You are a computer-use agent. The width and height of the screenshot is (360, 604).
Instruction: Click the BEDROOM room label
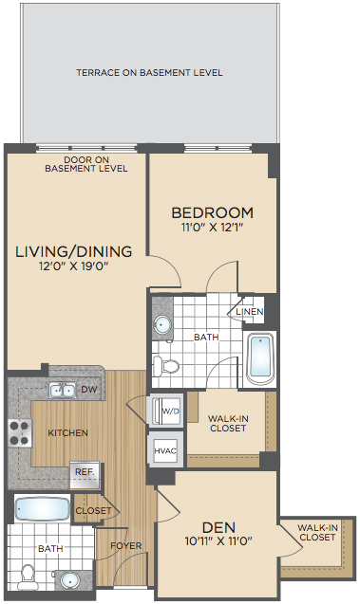(x=212, y=212)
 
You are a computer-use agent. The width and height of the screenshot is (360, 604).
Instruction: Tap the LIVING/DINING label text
(x=74, y=251)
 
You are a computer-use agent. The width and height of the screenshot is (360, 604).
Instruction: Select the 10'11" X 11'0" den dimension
(x=218, y=541)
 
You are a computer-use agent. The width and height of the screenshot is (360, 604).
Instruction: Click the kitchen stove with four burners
(x=20, y=433)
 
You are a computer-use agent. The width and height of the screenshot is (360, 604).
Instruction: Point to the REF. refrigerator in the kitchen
(x=85, y=474)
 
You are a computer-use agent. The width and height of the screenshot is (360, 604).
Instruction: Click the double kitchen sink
(x=62, y=391)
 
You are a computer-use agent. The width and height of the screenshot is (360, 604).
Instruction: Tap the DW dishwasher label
(x=88, y=389)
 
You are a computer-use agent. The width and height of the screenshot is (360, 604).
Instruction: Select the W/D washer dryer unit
(x=166, y=411)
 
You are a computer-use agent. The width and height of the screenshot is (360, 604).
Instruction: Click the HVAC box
(x=165, y=450)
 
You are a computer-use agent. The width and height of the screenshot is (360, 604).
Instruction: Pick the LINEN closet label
(x=250, y=311)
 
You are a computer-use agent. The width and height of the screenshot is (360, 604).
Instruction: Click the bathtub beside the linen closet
(x=261, y=357)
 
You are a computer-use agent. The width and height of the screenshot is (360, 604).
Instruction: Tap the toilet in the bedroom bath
(x=165, y=366)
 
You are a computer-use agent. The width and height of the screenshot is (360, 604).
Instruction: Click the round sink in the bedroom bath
(x=162, y=324)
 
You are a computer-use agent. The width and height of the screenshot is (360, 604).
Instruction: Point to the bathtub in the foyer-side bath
(x=42, y=509)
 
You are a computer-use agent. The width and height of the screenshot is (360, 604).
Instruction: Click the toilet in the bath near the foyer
(x=28, y=577)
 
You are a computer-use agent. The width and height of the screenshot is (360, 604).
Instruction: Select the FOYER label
(x=125, y=546)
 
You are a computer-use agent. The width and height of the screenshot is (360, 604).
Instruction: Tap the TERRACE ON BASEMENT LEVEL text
(x=149, y=72)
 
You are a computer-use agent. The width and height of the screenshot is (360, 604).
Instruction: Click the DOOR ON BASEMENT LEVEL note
(x=86, y=164)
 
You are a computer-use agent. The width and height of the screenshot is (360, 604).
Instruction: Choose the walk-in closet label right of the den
(x=317, y=532)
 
